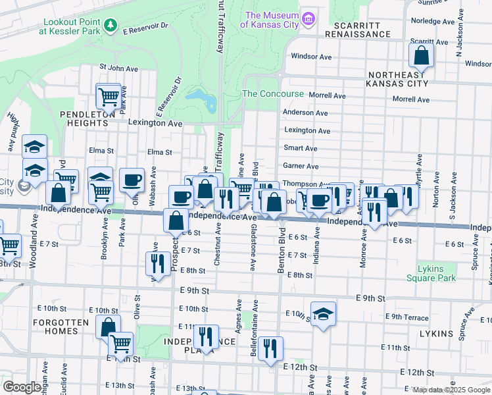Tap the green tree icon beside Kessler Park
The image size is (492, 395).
(111, 25)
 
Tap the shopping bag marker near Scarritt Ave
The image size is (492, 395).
(421, 57)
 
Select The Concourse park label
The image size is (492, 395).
(273, 94)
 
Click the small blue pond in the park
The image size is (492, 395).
(203, 101)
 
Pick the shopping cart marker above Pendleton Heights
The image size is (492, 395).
(109, 96)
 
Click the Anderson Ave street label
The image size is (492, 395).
(305, 113)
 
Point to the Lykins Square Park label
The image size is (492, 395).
(436, 274)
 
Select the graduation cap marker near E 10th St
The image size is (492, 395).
(323, 315)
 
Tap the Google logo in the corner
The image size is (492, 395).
(21, 387)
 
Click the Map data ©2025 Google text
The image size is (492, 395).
(451, 390)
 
